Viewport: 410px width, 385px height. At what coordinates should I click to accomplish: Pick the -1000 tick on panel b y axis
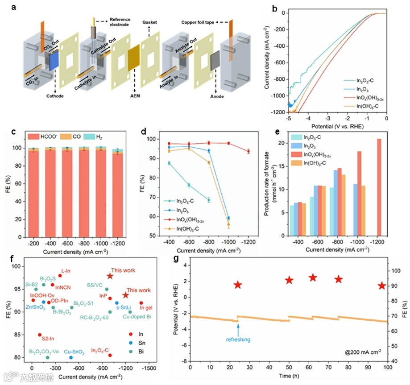pos(277,95)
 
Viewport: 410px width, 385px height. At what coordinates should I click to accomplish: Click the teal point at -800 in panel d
pos(208,200)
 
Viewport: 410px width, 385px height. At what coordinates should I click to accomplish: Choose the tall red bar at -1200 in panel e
pos(379,187)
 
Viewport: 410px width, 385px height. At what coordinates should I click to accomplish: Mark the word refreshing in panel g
pos(238,339)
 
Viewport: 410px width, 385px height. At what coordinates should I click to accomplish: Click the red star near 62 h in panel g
pos(313,277)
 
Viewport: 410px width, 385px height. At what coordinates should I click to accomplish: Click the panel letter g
pos(177,259)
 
